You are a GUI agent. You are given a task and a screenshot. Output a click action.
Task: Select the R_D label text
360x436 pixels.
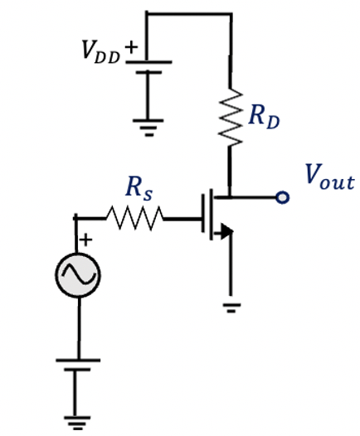tap(264, 117)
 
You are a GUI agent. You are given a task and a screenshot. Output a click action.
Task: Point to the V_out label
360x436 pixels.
tap(328, 177)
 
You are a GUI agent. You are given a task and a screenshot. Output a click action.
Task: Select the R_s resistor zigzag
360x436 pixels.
tap(135, 218)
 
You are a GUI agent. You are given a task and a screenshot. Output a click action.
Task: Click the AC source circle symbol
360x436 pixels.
tap(78, 274)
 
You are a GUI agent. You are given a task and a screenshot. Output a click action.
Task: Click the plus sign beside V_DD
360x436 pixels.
tap(131, 46)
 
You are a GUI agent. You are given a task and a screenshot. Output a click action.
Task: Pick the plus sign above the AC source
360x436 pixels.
tap(85, 240)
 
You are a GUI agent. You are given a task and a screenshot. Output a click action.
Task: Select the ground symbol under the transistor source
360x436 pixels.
tap(232, 307)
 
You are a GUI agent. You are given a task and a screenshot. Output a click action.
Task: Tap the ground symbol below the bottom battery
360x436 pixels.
tap(77, 424)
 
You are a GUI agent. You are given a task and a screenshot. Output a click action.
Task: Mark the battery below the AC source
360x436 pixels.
tap(77, 366)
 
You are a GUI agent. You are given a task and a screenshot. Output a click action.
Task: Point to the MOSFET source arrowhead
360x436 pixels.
tap(222, 235)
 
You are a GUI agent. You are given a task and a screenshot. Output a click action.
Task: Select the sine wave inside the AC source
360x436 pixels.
tap(78, 274)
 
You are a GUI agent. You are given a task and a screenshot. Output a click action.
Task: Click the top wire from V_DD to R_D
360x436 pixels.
tap(189, 13)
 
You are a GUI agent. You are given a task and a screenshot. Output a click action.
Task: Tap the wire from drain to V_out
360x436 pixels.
tap(255, 197)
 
